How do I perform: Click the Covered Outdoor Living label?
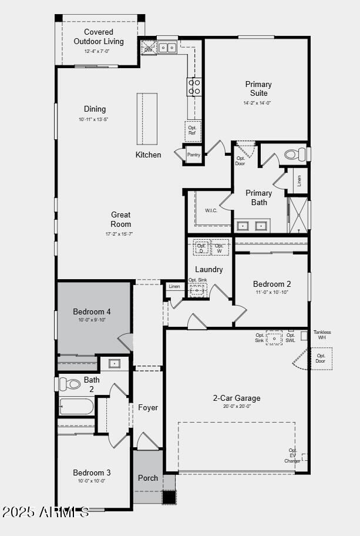click(x=99, y=36)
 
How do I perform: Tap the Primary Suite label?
click(x=258, y=89)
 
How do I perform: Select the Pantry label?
click(x=193, y=155)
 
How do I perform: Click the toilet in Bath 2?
click(x=70, y=384)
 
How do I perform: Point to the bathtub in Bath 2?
click(x=76, y=407)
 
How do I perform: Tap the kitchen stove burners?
click(x=194, y=87)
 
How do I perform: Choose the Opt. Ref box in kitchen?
click(x=192, y=130)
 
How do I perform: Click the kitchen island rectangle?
click(x=148, y=118)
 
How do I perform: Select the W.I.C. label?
click(x=211, y=210)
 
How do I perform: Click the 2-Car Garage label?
click(x=237, y=398)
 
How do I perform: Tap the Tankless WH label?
click(x=322, y=334)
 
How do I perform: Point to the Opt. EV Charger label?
click(x=293, y=455)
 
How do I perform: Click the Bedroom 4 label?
click(x=92, y=311)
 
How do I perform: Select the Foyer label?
click(x=148, y=407)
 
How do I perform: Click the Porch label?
click(x=148, y=478)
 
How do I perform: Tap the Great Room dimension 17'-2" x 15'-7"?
click(x=119, y=234)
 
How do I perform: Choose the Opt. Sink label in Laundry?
click(x=198, y=280)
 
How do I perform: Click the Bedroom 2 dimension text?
click(x=272, y=292)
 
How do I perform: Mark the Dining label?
click(x=95, y=109)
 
